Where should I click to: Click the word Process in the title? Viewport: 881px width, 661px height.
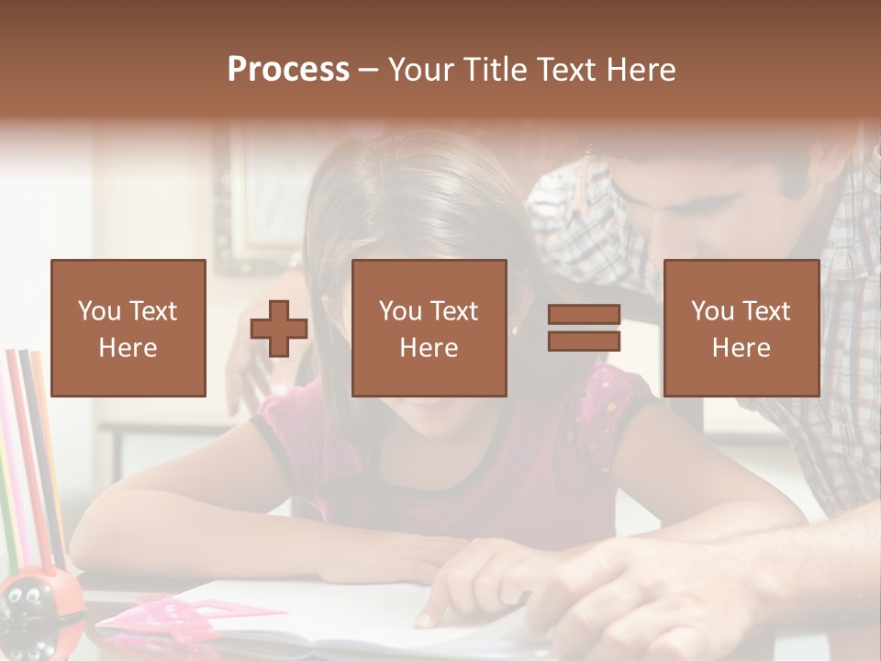pos(288,70)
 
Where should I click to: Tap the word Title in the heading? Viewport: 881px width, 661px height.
pos(495,70)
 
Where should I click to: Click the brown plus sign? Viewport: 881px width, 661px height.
pos(279,328)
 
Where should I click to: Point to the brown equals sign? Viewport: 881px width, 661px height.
pos(584,328)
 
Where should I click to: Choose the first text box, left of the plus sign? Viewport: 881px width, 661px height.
pos(128,328)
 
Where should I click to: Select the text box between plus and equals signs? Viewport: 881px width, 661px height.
pos(429,328)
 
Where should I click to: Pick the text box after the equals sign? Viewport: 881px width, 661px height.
pos(741,328)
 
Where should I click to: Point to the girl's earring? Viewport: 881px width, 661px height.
pos(515,330)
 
